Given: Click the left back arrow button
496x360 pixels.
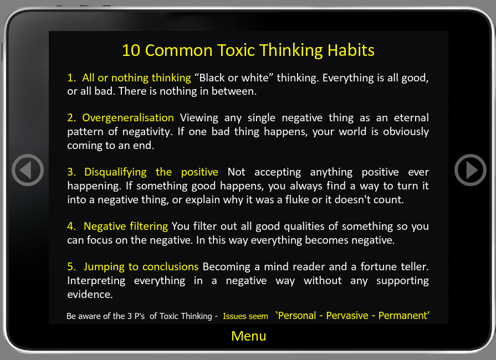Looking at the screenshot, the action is pos(28,170).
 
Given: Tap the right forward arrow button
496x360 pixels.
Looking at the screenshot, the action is pos(471,170).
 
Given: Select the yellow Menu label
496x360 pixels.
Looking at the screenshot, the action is pos(249,336).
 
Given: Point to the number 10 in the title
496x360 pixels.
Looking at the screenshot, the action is pos(131,50).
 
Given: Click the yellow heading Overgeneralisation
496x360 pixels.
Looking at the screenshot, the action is pos(128,118).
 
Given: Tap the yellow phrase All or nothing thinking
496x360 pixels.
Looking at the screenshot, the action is pos(137,78).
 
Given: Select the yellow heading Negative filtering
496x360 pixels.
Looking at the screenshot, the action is pos(126,227).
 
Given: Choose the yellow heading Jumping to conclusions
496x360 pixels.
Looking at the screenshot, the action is pos(141,267).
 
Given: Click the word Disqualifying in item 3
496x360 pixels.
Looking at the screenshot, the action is pos(115,172).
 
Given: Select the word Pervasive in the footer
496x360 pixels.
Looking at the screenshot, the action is pos(347,316).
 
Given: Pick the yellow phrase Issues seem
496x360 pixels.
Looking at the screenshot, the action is pos(246,316).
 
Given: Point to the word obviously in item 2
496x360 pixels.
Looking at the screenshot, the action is pos(406,131).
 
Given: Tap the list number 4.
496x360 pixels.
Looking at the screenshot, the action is pos(71,227).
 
